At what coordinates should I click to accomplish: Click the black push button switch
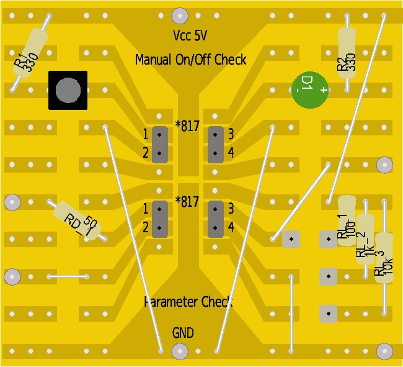click(68, 91)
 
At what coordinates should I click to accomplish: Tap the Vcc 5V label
click(190, 34)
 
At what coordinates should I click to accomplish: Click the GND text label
click(183, 333)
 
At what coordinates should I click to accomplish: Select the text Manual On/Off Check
click(190, 60)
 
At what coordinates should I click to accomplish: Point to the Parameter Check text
click(188, 302)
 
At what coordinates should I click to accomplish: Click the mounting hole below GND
click(180, 351)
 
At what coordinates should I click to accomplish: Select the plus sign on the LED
click(324, 91)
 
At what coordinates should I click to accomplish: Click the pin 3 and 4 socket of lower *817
click(215, 219)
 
